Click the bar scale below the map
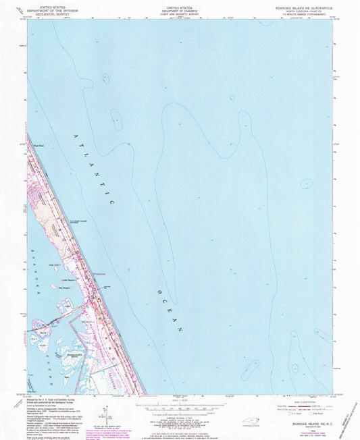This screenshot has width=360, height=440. tap(179, 407)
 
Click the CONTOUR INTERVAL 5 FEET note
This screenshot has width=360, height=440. tap(179, 416)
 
